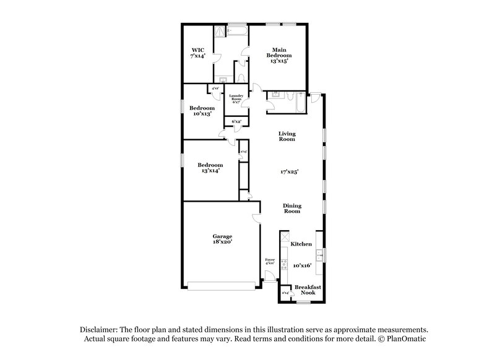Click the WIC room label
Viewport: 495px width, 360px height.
tap(197, 49)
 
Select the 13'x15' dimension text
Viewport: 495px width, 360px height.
tap(278, 62)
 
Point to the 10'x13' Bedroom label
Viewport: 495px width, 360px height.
tap(202, 108)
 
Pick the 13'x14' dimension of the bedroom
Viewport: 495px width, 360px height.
tap(210, 171)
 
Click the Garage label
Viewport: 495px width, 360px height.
tap(222, 236)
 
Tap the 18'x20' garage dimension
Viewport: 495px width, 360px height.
tap(222, 243)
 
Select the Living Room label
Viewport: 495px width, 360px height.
tap(287, 136)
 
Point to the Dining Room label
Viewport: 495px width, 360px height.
tap(291, 208)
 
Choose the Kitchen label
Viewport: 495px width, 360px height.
tap(301, 244)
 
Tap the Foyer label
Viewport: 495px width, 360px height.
tap(270, 259)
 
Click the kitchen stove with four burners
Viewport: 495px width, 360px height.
tap(285, 267)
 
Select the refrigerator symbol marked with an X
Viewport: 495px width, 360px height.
tap(285, 238)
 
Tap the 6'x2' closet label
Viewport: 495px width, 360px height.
tap(236, 122)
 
